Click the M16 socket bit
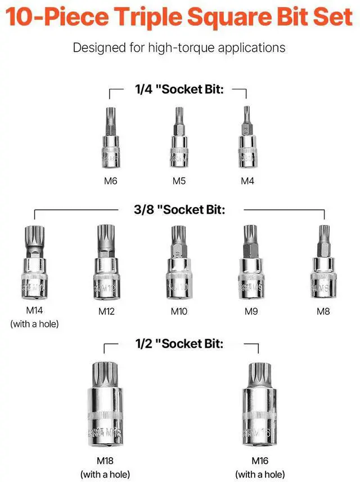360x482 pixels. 259,406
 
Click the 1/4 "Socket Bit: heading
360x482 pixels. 179,89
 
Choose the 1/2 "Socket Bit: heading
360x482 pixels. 179,344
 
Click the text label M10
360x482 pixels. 178,311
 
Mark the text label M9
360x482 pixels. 251,311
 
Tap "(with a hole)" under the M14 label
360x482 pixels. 34,323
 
